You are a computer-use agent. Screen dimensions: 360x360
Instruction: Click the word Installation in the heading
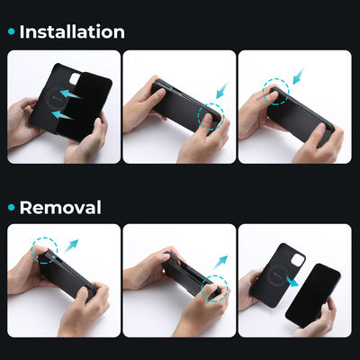point(72,31)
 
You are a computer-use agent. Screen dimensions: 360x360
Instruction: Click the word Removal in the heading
point(60,207)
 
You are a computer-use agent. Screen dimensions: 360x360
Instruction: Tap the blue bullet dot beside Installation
point(12,31)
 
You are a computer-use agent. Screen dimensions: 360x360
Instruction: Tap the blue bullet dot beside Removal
point(12,207)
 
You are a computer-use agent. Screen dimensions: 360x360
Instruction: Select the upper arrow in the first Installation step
point(71,94)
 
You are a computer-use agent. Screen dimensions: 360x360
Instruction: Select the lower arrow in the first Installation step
point(63,115)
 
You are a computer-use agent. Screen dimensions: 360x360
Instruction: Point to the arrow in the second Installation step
point(222,90)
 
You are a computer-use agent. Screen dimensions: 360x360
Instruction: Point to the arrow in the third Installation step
point(299,76)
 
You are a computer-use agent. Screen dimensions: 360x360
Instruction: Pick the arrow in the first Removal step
point(71,246)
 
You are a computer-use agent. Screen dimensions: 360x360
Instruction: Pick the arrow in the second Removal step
point(220,262)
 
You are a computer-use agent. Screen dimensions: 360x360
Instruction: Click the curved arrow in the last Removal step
point(292,282)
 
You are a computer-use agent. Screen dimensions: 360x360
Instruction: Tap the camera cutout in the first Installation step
point(75,78)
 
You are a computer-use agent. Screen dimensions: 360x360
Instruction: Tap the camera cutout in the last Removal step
point(298,260)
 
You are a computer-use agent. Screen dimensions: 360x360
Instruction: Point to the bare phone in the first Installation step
point(84,106)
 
